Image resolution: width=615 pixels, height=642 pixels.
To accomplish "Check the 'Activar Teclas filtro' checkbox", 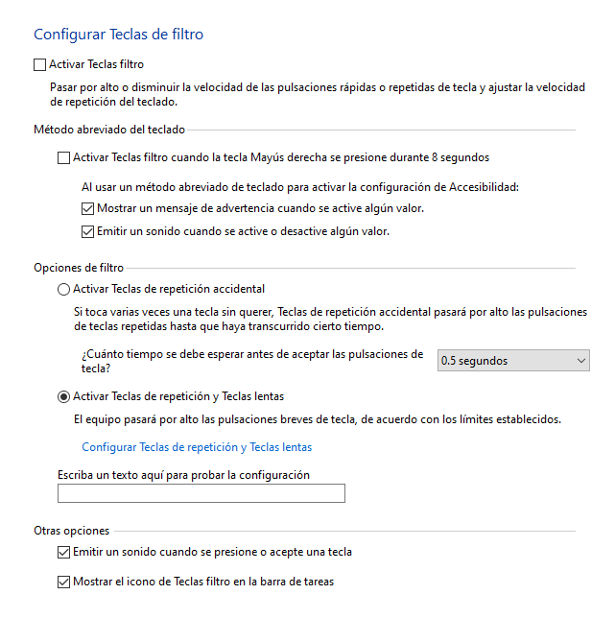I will coord(39,65).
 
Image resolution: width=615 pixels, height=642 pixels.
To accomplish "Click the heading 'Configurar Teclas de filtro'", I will coord(118,35).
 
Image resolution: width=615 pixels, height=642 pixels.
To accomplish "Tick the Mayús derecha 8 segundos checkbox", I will coord(64,158).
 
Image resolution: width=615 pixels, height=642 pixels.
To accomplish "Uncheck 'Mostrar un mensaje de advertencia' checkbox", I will coord(88,208).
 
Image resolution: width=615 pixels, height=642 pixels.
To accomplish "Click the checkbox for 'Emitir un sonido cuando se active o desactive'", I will coord(88,231).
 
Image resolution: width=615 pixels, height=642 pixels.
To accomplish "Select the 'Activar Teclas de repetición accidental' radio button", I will coord(64,289).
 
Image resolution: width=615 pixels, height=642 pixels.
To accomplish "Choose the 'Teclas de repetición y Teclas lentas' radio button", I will coord(64,396).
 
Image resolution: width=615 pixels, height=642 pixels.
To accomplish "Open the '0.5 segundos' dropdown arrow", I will coord(581,361).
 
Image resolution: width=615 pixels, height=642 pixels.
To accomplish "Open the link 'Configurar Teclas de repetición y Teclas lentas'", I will coord(197,447).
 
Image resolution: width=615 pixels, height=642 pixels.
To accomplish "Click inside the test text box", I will coord(201,493).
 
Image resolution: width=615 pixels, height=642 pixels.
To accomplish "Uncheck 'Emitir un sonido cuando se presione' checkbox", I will coord(64,553).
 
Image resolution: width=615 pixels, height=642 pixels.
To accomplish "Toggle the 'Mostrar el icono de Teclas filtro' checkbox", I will coord(64,582).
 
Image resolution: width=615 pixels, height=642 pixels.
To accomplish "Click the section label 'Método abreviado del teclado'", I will coord(109,129).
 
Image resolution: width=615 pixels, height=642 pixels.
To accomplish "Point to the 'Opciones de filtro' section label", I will coord(79,268).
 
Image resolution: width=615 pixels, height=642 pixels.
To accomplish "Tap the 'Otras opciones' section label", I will coord(72,531).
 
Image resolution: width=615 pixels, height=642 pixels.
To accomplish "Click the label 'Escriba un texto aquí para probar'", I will coord(183,474).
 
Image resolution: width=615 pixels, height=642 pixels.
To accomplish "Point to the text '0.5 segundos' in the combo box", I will coord(474,361).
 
